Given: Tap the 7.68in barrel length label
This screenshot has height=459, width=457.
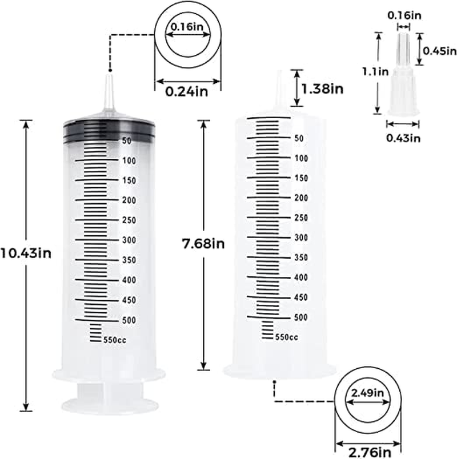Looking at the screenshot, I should [202, 244].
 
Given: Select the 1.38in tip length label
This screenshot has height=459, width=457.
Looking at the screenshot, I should [323, 88].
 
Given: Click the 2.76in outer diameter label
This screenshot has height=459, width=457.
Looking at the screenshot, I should [368, 452].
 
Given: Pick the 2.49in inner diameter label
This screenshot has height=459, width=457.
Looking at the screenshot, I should [368, 393].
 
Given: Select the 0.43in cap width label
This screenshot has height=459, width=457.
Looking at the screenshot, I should [404, 137].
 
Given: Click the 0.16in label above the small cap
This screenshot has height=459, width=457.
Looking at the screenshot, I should [404, 16].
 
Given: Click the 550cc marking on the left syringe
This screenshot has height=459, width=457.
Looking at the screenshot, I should [116, 340].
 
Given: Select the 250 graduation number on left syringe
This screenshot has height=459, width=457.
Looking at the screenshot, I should [129, 220].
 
